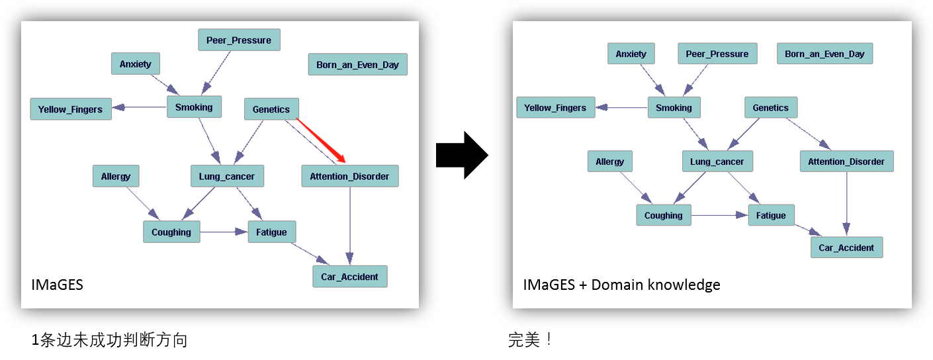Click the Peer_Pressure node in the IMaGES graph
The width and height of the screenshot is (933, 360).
239,40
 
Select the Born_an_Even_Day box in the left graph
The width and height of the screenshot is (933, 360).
357,65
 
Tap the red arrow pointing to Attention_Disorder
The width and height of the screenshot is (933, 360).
322,140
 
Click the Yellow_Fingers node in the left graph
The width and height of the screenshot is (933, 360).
70,109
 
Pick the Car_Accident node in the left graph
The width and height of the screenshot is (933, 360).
349,277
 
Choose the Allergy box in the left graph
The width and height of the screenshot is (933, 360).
116,177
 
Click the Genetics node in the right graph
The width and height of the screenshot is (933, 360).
770,107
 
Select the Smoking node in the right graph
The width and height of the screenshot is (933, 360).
674,107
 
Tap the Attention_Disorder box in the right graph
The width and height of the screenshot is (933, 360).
846,161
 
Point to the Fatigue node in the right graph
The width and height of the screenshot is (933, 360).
771,215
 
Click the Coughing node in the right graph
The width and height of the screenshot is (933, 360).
663,215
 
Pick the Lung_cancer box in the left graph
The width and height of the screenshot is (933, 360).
226,177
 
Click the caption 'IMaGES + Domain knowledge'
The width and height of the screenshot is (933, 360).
621,285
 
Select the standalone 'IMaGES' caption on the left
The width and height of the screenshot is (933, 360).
57,285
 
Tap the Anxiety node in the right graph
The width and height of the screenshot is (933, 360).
631,54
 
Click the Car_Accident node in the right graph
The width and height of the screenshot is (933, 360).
846,247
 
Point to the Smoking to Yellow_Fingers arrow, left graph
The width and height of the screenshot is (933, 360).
139,107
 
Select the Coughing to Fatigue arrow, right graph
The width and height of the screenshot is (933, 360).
719,215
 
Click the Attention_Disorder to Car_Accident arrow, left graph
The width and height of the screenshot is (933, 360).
350,225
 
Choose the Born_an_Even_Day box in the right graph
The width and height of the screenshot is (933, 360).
824,54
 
